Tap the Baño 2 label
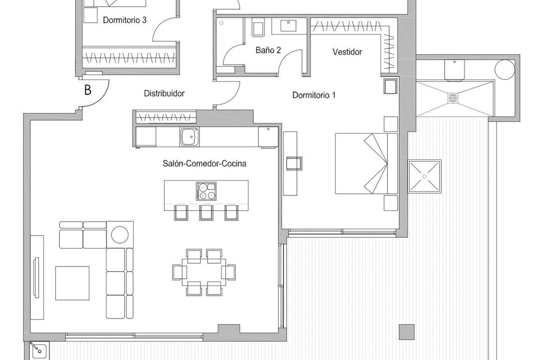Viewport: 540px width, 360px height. (268, 50)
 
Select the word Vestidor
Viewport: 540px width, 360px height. (347, 52)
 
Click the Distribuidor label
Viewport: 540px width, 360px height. (164, 94)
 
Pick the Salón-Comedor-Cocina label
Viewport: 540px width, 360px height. (204, 163)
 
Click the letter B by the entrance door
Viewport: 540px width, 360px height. (88, 90)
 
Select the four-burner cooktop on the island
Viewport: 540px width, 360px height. (206, 191)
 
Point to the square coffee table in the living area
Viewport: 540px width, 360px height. (72, 283)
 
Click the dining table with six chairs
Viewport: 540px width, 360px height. (204, 272)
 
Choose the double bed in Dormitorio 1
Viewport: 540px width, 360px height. (365, 164)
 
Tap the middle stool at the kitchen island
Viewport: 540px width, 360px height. (206, 212)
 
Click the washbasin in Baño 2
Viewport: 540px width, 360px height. (288, 26)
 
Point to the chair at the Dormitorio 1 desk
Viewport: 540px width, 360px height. (294, 162)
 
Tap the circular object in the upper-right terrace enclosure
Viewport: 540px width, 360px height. (504, 70)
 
